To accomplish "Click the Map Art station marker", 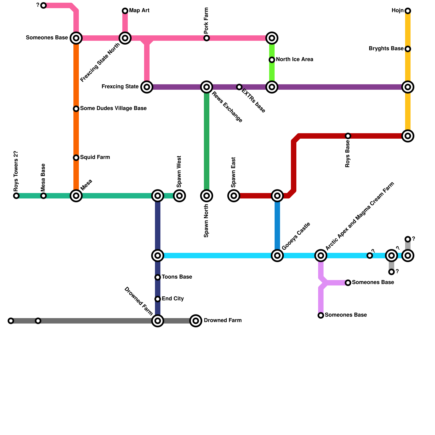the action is (125, 11).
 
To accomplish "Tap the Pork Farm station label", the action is (206, 21).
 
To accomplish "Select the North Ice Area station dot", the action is (272, 60).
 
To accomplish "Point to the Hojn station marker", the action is (408, 11).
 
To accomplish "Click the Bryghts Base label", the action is (386, 49).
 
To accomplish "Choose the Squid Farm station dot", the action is (76, 158).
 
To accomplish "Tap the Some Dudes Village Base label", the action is (113, 108).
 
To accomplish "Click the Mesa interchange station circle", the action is (76, 196).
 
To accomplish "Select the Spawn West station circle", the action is (179, 196).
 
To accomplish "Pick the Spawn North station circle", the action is (207, 196).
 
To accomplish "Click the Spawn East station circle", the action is (234, 196).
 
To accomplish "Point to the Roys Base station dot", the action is (348, 136).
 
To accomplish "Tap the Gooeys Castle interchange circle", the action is (277, 256).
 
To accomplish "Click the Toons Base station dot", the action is (158, 277).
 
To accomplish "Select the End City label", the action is (173, 299).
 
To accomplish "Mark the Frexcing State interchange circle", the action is (147, 87).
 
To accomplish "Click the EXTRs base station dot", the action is (239, 87).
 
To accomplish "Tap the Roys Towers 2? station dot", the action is (16, 196).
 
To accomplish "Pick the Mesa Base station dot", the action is (43, 196).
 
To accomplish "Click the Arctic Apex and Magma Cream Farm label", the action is (360, 216).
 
